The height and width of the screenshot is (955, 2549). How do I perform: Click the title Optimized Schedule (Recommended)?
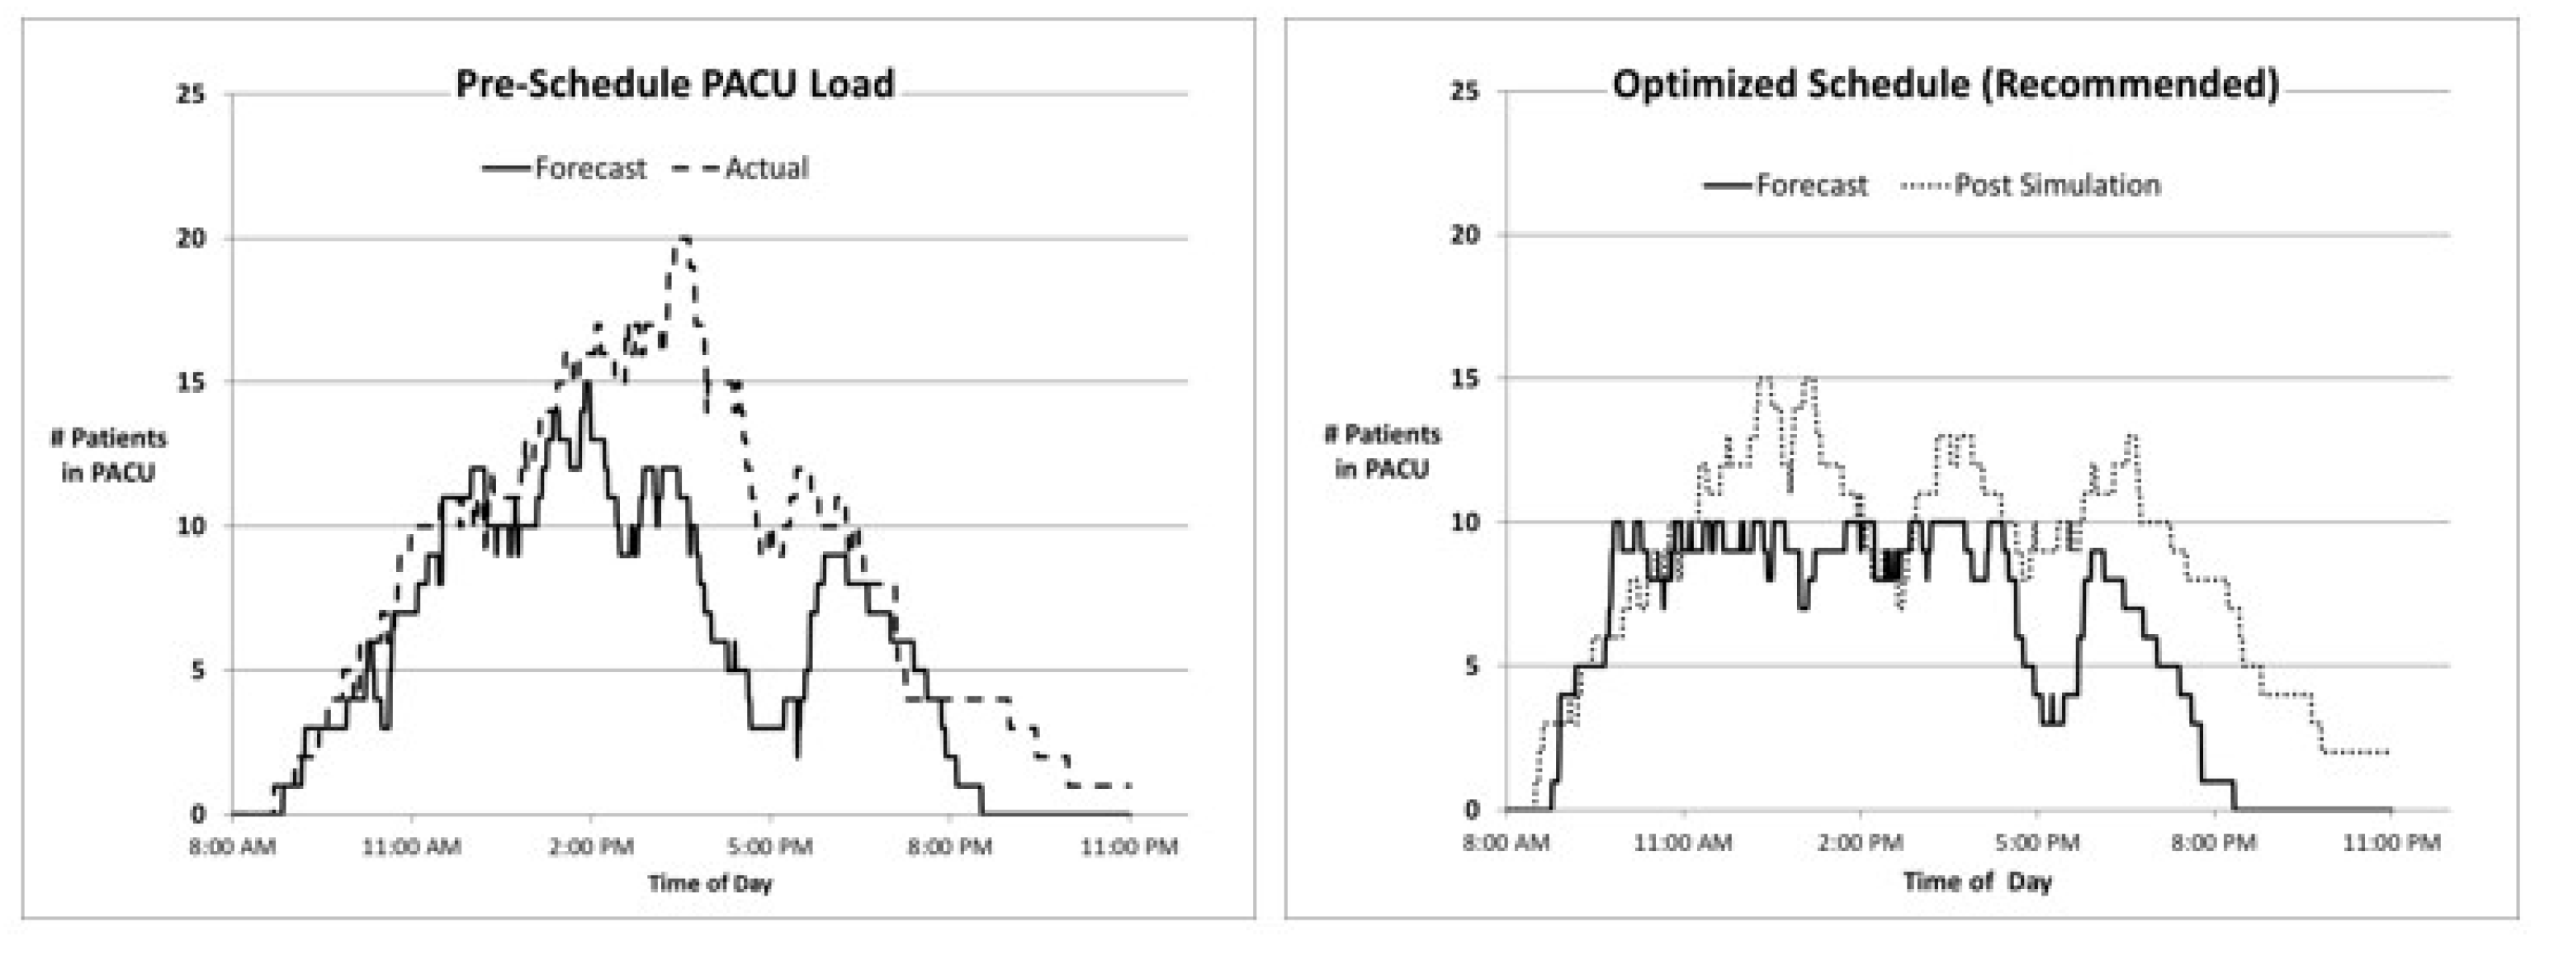(1946, 84)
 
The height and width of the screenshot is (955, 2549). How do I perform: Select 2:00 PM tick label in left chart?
(591, 847)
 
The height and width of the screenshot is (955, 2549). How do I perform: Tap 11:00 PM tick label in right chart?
(2391, 844)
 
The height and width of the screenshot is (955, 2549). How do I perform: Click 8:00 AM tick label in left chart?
(232, 847)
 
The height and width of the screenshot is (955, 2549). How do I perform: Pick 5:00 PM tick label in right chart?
(2037, 844)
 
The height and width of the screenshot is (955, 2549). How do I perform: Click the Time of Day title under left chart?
(710, 882)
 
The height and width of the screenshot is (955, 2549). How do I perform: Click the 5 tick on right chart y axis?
(1473, 666)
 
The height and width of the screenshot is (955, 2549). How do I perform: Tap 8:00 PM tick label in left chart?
(950, 847)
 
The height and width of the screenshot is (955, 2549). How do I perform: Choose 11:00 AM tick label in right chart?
(1683, 844)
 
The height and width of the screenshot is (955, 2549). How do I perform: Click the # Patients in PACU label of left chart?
(108, 456)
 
